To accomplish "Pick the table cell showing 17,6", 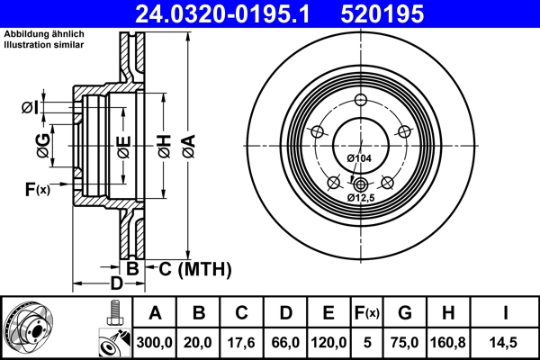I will point(242,341).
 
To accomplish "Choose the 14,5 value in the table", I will point(507,341).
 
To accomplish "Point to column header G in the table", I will point(406,313).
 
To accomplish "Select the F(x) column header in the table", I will point(367,313).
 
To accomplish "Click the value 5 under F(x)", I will point(367,341).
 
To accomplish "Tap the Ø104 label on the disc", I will point(359,158).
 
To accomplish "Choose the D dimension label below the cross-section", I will point(116,283).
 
